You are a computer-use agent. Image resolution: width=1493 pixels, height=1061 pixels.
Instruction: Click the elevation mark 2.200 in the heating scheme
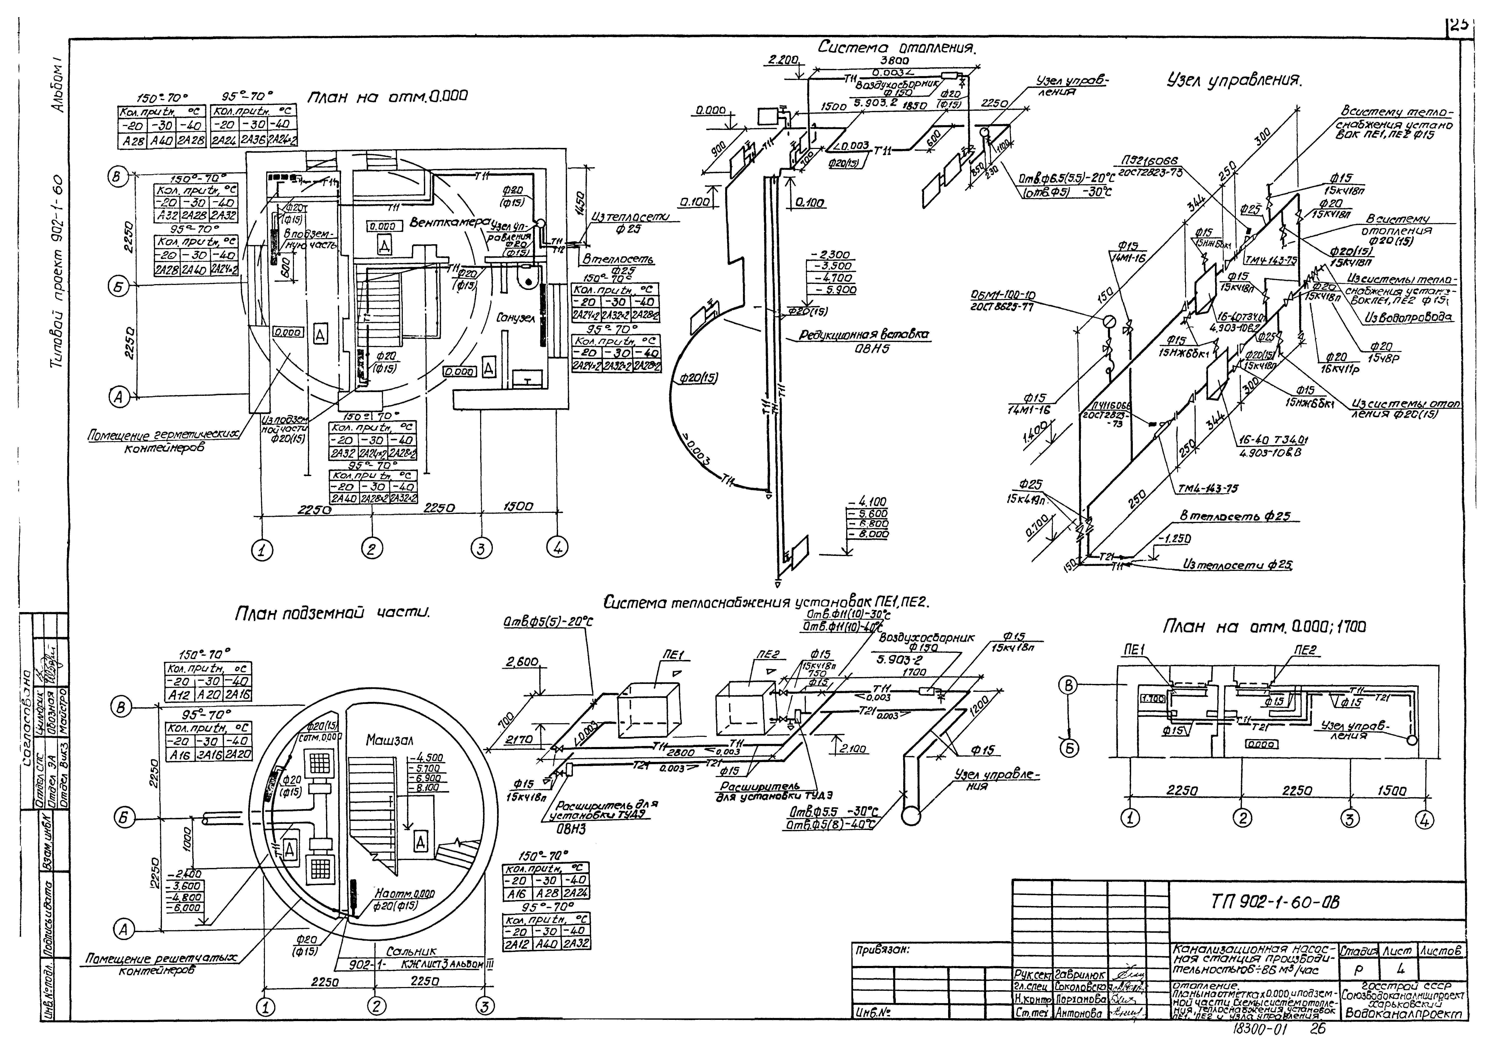[x=784, y=60]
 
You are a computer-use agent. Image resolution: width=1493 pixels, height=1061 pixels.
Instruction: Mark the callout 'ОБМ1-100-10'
[x=1002, y=296]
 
